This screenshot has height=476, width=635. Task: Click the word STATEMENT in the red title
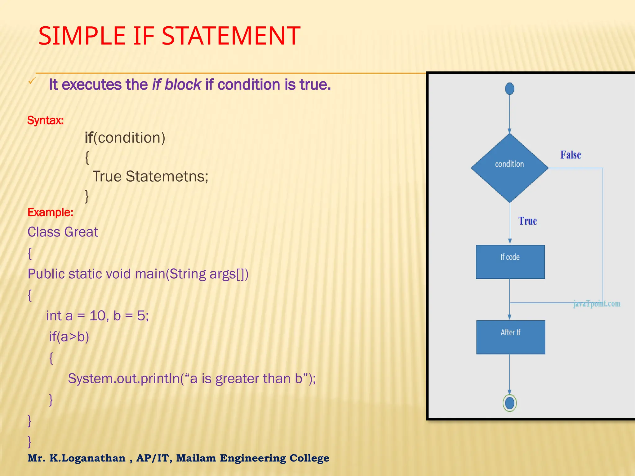[x=231, y=36]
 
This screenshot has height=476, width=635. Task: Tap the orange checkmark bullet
[x=32, y=81]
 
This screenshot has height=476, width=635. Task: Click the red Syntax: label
[x=45, y=120]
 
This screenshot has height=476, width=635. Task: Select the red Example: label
[x=50, y=212]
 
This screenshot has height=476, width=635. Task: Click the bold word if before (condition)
[x=89, y=138]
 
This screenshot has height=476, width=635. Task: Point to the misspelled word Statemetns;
[x=167, y=176]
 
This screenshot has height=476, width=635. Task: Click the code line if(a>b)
[x=69, y=337]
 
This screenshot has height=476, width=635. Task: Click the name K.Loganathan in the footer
[x=87, y=458]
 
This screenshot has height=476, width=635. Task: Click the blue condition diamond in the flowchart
[x=509, y=168]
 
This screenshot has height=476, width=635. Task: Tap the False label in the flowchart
[x=570, y=155]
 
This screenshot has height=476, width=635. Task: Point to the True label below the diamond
[x=527, y=221]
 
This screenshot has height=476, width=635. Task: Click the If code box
[x=510, y=262]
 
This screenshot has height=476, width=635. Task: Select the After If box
[x=510, y=337]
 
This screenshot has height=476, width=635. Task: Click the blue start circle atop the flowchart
[x=509, y=89]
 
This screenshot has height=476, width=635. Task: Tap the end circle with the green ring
[x=509, y=403]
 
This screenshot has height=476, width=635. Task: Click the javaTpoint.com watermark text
[x=597, y=303]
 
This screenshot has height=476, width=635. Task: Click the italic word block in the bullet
[x=183, y=85]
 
